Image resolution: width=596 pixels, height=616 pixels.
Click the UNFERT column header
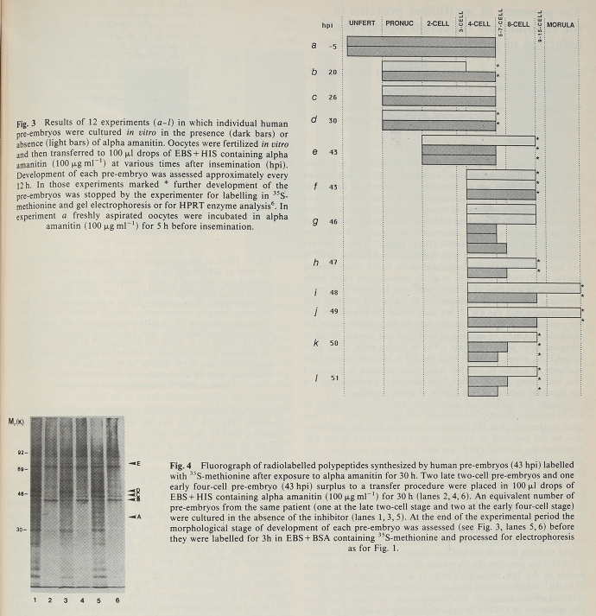click(x=361, y=24)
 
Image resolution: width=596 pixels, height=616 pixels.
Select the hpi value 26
click(x=332, y=97)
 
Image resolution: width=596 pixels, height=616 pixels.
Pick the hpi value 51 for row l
click(x=332, y=378)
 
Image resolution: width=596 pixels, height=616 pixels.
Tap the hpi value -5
click(x=332, y=46)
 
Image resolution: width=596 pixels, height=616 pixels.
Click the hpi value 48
click(x=332, y=293)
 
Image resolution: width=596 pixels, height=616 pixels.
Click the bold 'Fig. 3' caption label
click(x=28, y=124)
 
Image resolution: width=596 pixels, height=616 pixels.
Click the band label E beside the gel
click(x=138, y=464)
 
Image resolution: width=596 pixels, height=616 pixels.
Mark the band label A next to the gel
click(x=138, y=517)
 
